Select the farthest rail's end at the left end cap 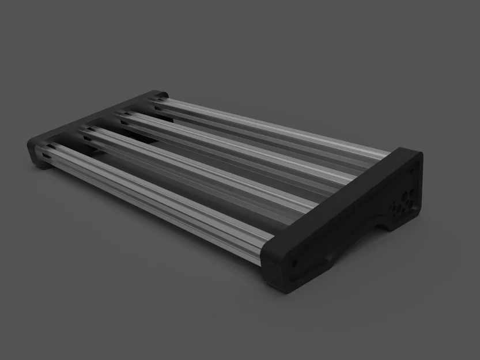point(156,100)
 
